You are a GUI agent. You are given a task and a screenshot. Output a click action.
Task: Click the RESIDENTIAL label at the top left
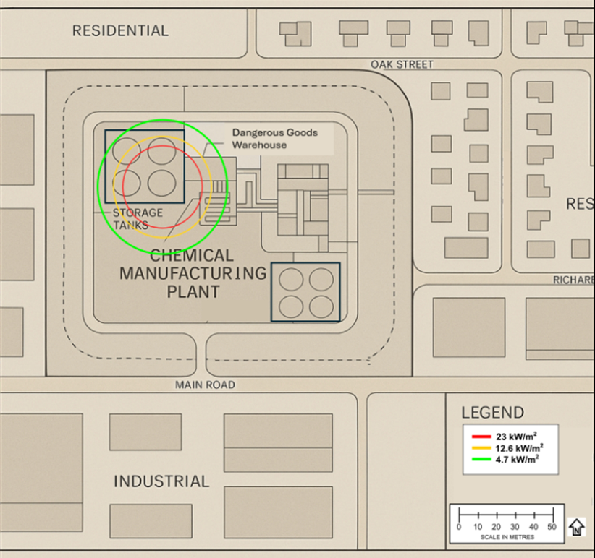[x=120, y=30]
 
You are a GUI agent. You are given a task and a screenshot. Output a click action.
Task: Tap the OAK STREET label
[x=402, y=64]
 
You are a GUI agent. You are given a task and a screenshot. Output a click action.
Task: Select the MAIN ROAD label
[x=205, y=385]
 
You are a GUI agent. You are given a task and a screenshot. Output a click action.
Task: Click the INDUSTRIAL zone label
[x=161, y=481]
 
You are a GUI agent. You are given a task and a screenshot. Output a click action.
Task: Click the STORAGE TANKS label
[x=138, y=218]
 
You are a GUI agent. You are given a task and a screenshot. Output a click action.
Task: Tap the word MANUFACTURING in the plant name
[x=193, y=274]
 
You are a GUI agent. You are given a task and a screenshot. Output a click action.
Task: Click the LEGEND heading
[x=492, y=413]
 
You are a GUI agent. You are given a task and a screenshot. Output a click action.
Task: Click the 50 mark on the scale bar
[x=552, y=527]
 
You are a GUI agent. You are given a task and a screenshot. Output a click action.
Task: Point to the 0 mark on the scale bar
[x=459, y=527]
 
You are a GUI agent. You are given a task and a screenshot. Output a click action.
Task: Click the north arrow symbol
[x=576, y=527]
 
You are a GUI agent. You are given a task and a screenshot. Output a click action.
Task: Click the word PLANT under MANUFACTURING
[x=193, y=292]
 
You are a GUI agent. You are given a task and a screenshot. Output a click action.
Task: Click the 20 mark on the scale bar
[x=497, y=527]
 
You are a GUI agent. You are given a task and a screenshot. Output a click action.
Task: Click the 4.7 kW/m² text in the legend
[x=517, y=460]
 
